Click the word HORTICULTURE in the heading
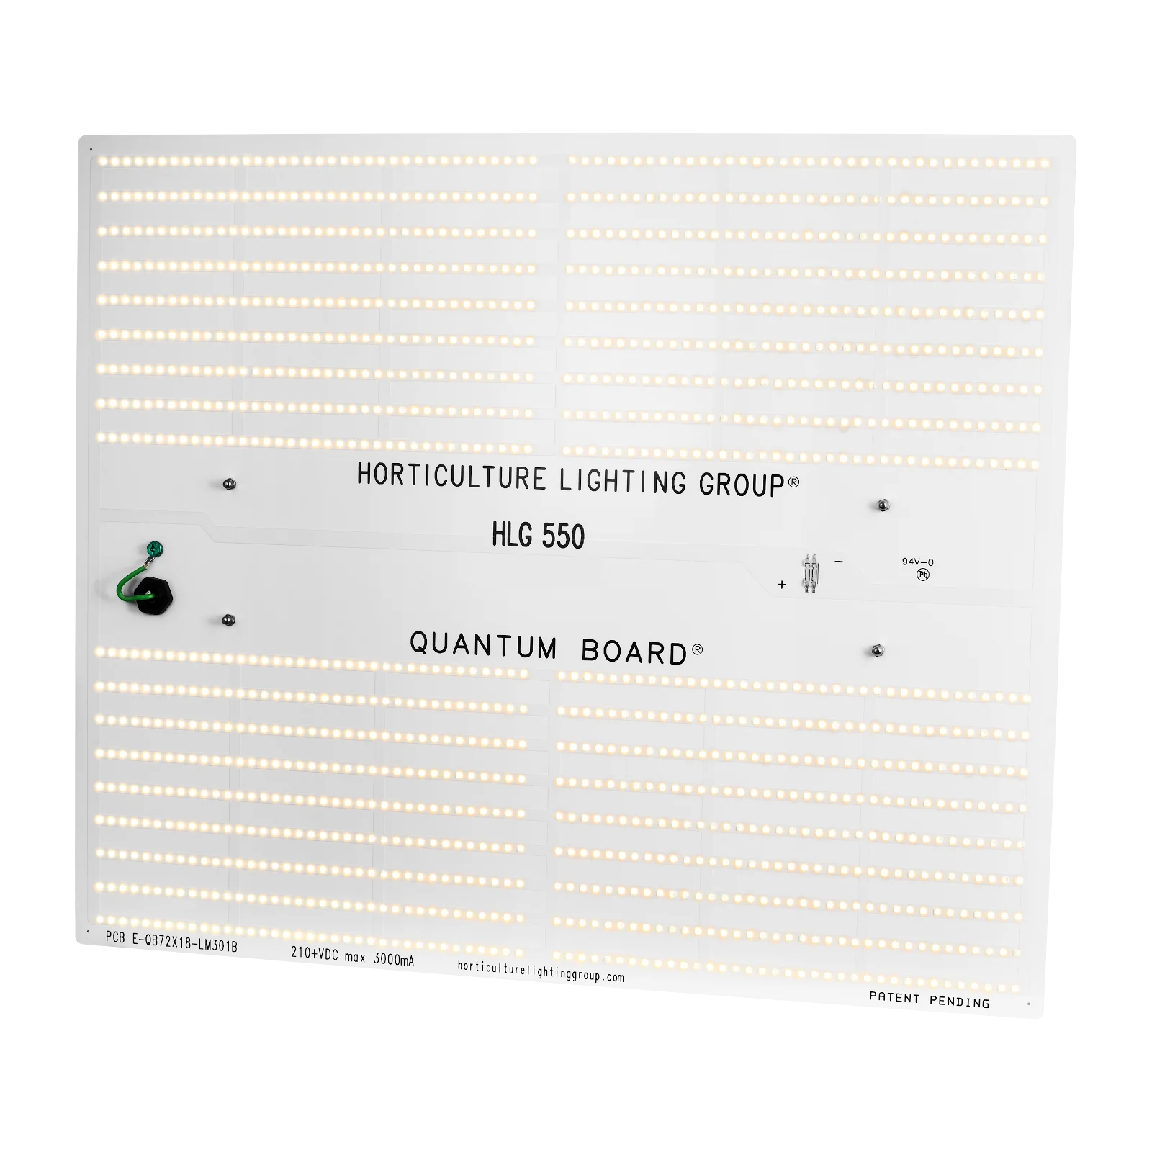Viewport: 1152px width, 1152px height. point(451,477)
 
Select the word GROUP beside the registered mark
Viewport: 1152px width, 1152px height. point(742,485)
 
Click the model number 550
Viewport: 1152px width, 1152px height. point(563,536)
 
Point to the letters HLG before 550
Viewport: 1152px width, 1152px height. point(512,534)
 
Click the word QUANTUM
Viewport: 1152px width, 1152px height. point(484,645)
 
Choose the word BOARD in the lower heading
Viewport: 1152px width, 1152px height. point(634,652)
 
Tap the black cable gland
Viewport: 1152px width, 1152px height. point(153,595)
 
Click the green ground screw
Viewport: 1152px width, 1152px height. point(154,550)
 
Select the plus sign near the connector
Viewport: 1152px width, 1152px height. point(782,585)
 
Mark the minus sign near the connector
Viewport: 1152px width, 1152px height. point(839,561)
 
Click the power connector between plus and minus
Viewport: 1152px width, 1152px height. point(811,573)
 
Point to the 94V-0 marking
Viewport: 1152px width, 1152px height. point(918,562)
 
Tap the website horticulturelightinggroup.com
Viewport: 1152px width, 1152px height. point(541,971)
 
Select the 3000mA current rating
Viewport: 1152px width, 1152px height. point(394,959)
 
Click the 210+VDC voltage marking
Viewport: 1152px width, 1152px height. point(315,953)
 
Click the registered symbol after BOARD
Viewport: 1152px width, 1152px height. point(698,649)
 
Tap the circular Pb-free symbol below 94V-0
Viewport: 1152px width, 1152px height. point(923,575)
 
